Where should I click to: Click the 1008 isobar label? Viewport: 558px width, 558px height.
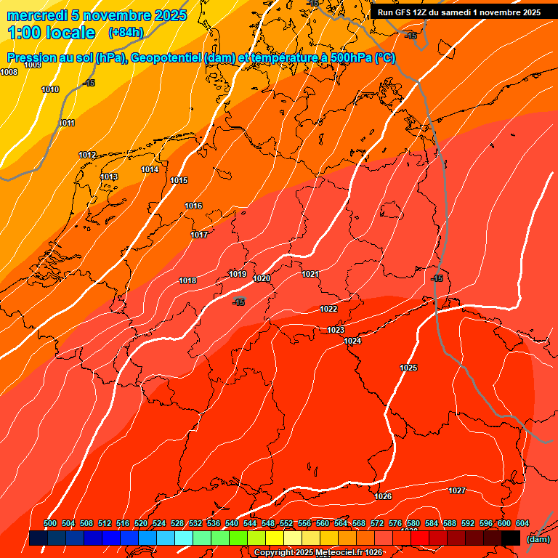[9, 72]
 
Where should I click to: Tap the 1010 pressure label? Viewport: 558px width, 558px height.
[50, 89]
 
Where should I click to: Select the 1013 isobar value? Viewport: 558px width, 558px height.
[109, 177]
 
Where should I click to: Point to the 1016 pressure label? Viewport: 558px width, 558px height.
[193, 206]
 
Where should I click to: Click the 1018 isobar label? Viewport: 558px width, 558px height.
[187, 280]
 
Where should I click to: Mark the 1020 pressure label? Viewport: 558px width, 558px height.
[262, 278]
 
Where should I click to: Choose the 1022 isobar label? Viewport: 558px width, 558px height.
[328, 309]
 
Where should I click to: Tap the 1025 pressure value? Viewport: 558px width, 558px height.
[408, 368]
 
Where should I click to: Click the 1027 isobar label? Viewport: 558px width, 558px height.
[456, 490]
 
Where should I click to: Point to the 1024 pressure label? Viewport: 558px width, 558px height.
[352, 341]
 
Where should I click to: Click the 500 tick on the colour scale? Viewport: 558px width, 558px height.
[50, 523]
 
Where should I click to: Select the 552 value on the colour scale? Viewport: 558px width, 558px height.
[286, 523]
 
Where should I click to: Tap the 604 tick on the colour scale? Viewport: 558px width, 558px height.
[522, 523]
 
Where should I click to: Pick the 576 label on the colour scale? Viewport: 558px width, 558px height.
[395, 523]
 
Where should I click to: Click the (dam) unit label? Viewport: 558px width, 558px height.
[538, 539]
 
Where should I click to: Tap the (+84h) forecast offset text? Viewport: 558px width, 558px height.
[126, 33]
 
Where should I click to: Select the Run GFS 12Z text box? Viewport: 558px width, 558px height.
[458, 12]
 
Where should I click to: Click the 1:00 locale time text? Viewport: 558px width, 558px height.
[51, 33]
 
